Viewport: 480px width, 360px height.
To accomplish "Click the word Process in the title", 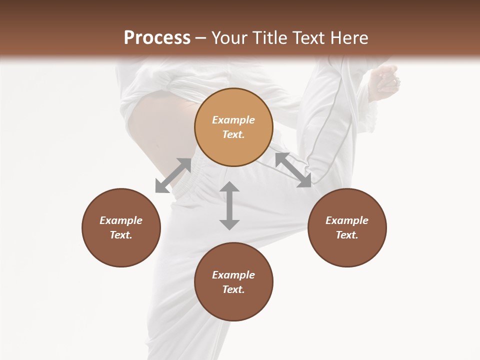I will click(x=157, y=37).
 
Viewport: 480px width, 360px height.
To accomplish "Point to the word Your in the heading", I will click(x=228, y=37).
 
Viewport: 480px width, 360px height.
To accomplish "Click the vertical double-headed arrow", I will click(x=229, y=205).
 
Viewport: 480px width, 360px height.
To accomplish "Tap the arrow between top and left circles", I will click(x=173, y=175).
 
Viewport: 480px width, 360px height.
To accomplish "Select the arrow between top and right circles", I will click(x=293, y=170).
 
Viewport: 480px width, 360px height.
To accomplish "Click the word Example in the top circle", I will click(x=233, y=120).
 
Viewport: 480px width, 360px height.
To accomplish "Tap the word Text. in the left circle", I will click(x=121, y=235).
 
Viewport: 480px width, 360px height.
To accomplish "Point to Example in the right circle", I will click(x=347, y=220).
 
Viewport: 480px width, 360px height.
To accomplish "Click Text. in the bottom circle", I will click(x=233, y=289).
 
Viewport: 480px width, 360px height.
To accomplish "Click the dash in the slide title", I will click(x=201, y=38).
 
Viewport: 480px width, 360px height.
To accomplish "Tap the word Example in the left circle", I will click(x=121, y=220).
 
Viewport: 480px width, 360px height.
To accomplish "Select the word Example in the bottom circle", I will click(x=233, y=275).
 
